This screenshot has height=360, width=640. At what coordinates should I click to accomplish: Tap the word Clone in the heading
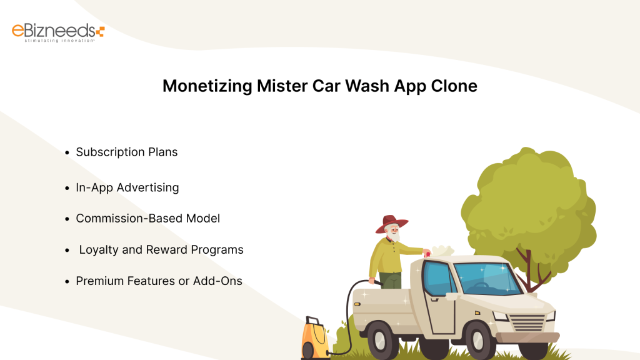coord(454,86)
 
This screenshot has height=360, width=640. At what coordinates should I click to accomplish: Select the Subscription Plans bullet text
coord(127,152)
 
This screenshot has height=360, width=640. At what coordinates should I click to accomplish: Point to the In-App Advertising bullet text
coord(127,187)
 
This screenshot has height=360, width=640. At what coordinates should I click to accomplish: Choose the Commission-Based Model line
coord(148,218)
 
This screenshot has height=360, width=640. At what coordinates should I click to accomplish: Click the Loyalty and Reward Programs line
coord(161,249)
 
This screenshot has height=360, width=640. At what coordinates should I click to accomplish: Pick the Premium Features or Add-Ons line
coord(159,281)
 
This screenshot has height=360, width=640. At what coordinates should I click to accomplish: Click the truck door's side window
coord(436,279)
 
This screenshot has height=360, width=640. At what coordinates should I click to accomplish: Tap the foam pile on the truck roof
coord(444,251)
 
